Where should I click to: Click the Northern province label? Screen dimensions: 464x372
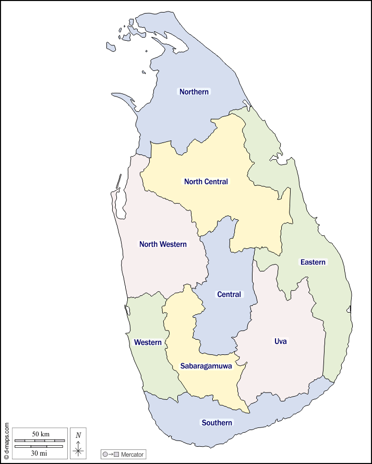tap(194, 92)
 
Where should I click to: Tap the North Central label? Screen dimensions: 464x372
tap(206, 182)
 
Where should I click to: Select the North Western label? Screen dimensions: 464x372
tap(163, 244)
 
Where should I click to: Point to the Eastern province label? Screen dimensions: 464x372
tap(313, 262)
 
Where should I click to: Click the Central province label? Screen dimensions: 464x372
tap(229, 294)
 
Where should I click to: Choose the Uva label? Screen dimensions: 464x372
tap(281, 341)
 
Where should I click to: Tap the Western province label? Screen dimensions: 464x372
tap(148, 342)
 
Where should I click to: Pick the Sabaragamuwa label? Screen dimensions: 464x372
tap(206, 366)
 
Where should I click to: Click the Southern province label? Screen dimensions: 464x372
tap(217, 423)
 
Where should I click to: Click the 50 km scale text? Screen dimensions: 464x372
tap(40, 434)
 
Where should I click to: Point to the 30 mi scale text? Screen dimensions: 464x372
tap(39, 453)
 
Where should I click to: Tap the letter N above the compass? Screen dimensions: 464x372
tap(78, 435)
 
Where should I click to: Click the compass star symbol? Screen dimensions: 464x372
tap(78, 449)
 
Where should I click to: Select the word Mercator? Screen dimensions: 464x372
tap(132, 455)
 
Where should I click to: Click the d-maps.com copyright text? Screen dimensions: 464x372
tap(6, 441)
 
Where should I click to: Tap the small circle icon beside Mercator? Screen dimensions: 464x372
tap(106, 455)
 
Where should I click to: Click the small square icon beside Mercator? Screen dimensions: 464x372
tap(117, 455)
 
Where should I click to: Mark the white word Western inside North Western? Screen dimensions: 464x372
tap(174, 244)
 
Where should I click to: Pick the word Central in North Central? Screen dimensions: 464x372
tap(217, 182)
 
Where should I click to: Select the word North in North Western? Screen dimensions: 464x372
tap(149, 244)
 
